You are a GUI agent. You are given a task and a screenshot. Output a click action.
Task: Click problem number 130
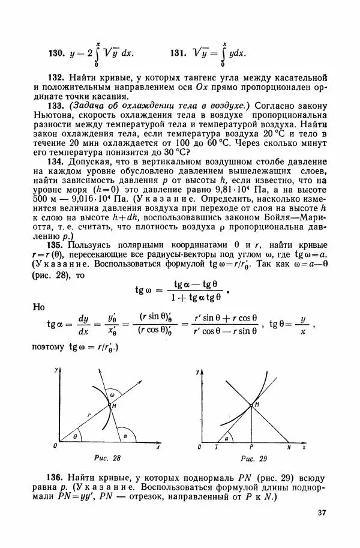(x=56, y=53)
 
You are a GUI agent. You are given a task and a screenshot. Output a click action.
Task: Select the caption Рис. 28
(x=109, y=459)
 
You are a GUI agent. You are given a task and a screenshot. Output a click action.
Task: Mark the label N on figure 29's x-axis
(x=289, y=448)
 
